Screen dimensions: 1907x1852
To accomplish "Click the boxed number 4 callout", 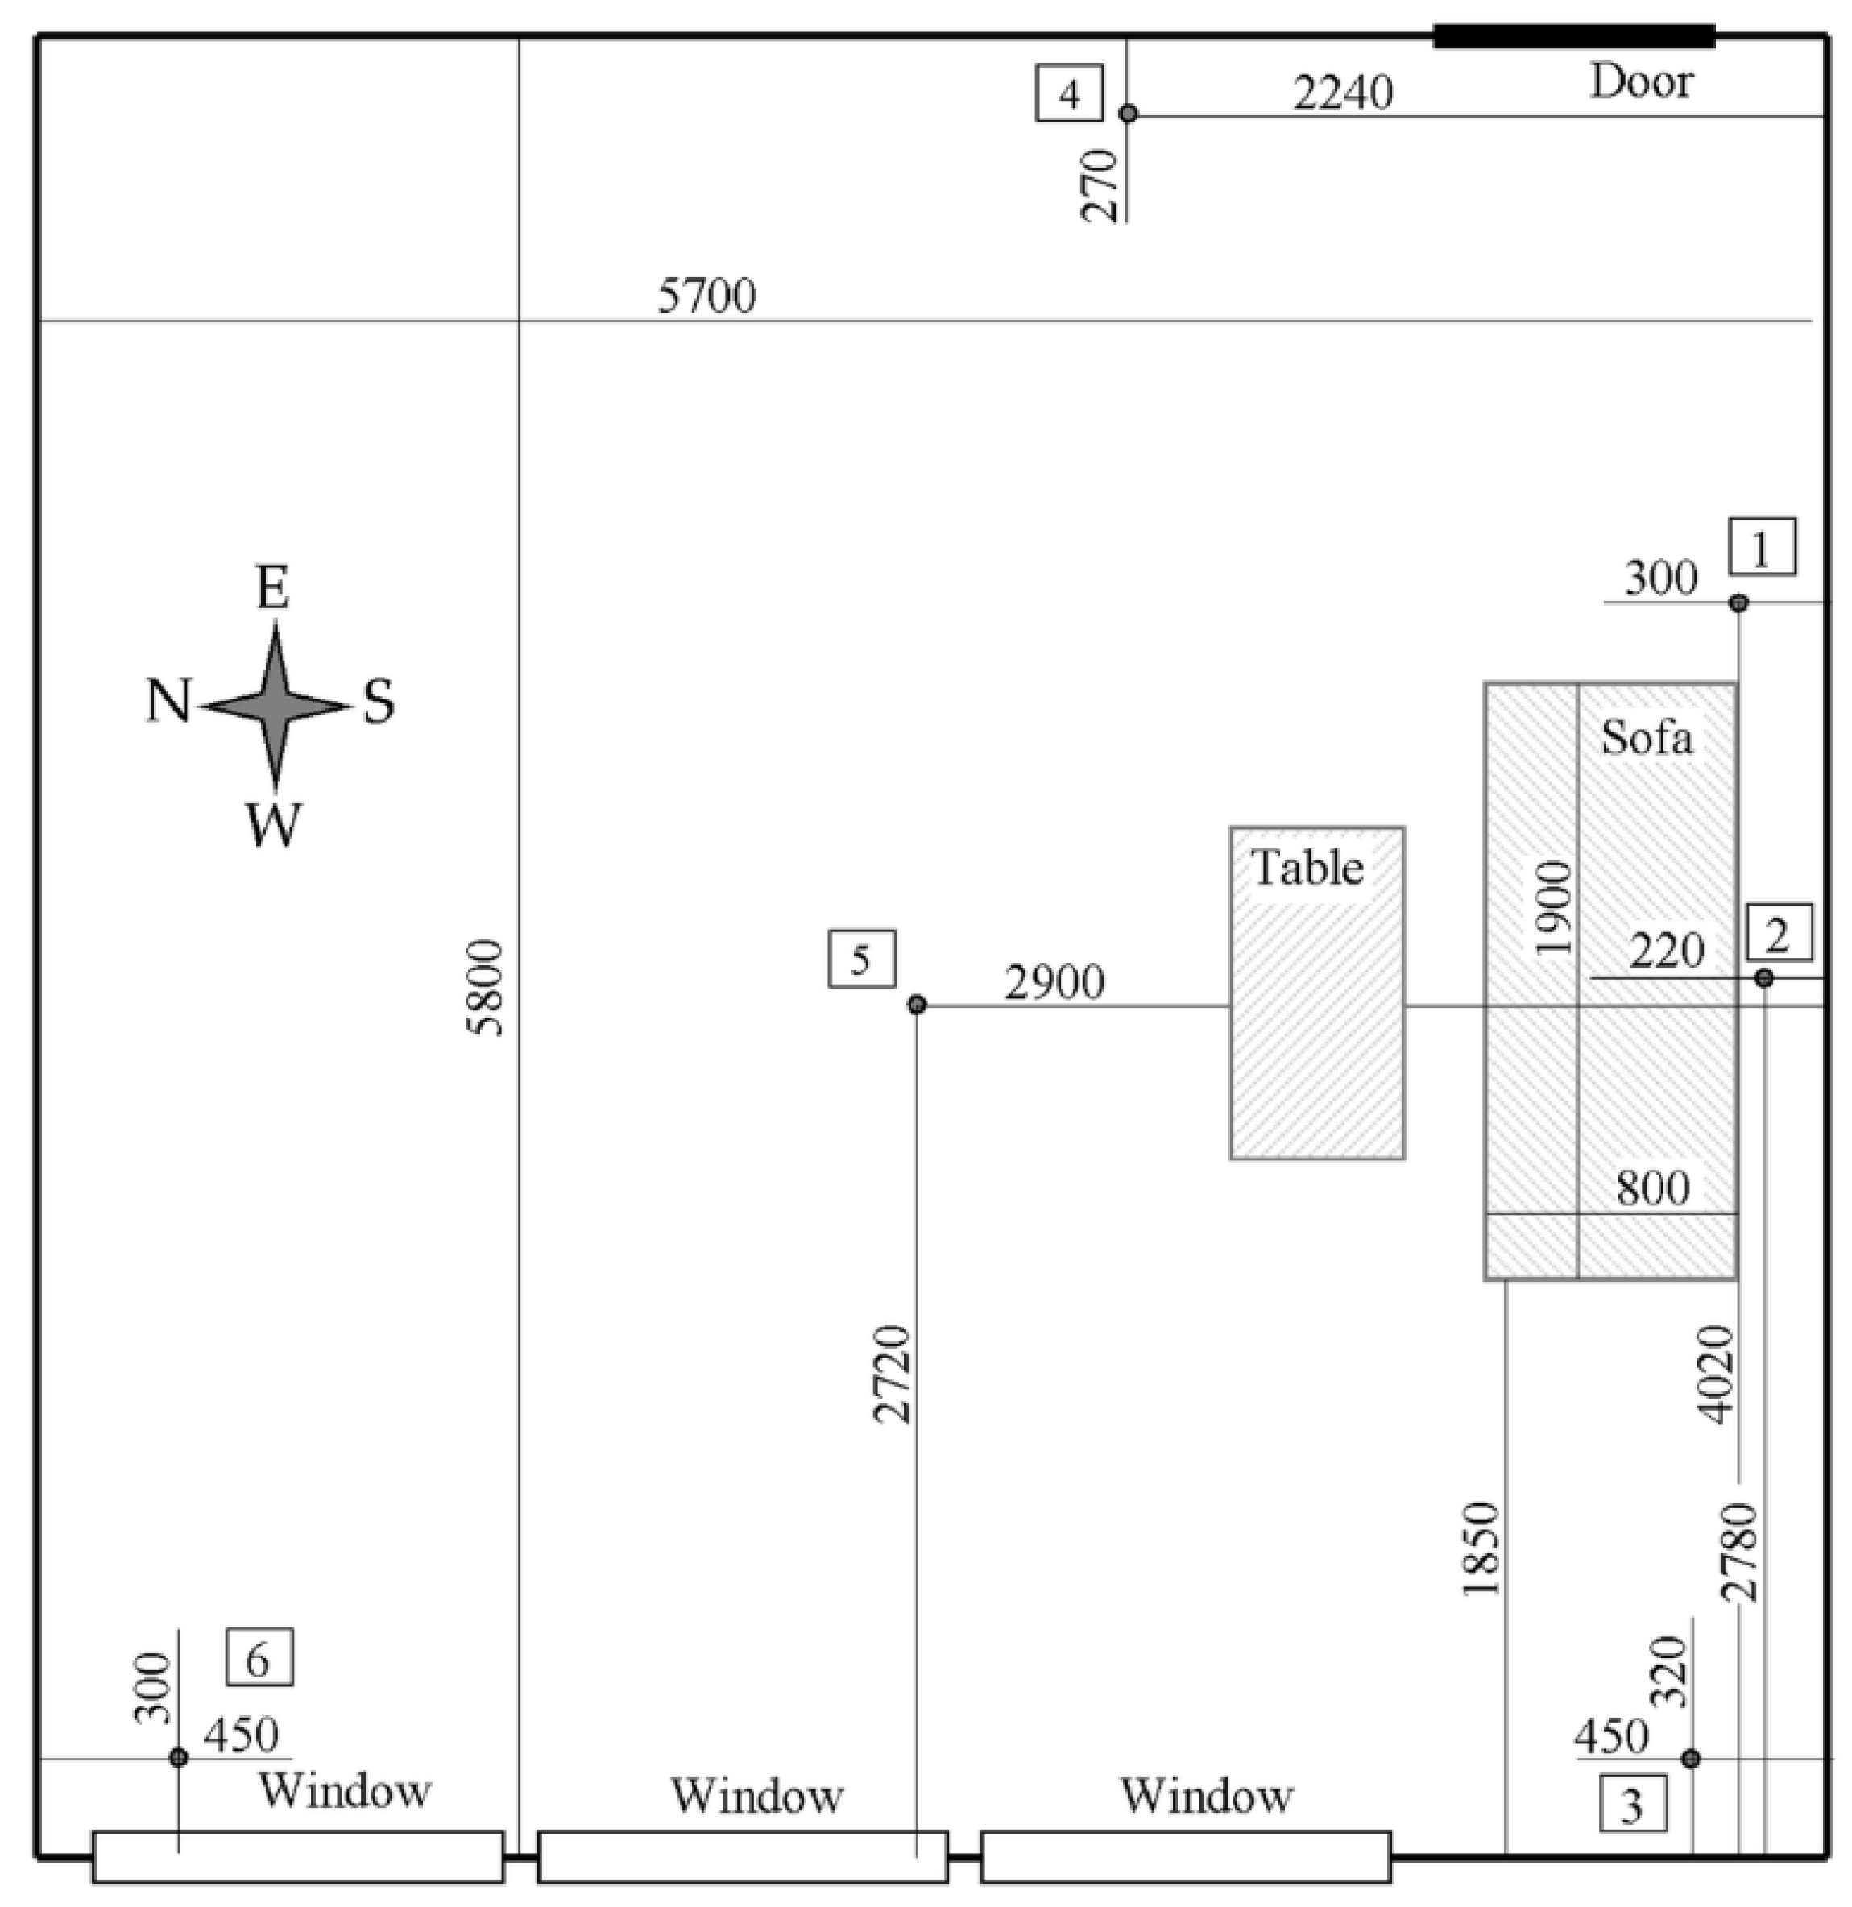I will point(1069,93).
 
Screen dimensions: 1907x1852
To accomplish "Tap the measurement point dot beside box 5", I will point(916,1005).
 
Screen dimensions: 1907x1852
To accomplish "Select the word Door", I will point(1641,81).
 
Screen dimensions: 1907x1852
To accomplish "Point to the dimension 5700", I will point(707,296).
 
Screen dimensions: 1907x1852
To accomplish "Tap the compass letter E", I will point(272,589).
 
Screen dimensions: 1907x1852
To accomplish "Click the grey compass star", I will point(276,707).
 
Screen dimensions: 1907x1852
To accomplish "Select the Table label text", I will point(1307,868).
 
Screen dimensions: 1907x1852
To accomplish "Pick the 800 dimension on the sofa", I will point(1652,1188).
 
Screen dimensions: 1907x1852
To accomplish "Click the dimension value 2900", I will point(1054,983).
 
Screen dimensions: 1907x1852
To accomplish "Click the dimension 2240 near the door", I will point(1342,94).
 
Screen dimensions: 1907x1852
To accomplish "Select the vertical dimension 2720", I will point(893,1374).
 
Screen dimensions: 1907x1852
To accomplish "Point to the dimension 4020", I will point(1716,1374).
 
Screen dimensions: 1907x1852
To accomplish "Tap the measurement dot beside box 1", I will point(1738,603).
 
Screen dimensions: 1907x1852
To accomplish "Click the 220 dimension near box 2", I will point(1666,951).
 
